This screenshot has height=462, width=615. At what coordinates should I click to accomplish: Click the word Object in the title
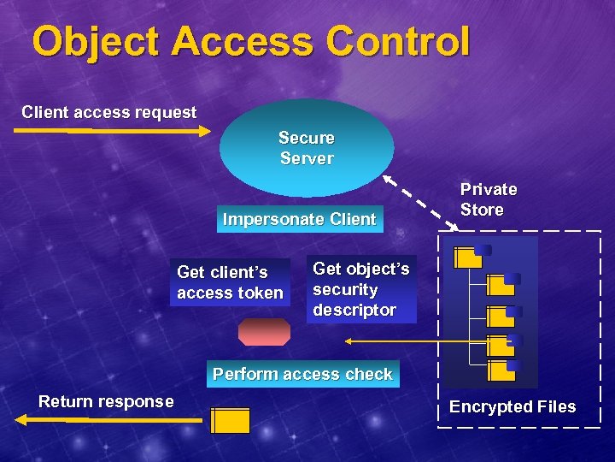[93, 42]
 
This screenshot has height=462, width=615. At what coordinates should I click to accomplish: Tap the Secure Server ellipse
[307, 148]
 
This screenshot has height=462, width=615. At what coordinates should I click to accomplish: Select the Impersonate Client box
[299, 219]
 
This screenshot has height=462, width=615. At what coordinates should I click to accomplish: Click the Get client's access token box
[230, 282]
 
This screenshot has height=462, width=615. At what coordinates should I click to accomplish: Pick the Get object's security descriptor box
[361, 289]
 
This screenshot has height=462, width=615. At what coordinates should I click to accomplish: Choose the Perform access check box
[302, 374]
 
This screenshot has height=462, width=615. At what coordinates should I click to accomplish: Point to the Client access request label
[108, 112]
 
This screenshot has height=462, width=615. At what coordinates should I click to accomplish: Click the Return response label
[106, 401]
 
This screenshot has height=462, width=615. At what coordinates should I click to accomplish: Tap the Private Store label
[489, 199]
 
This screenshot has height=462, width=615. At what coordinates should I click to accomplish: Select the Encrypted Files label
[512, 406]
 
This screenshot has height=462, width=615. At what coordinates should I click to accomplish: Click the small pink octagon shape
[264, 332]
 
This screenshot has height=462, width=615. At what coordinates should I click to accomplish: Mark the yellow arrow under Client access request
[112, 131]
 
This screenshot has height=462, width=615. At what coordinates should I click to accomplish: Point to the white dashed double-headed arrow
[419, 204]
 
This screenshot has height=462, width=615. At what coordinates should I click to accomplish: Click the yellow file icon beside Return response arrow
[230, 421]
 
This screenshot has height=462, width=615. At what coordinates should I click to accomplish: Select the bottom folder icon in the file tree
[502, 370]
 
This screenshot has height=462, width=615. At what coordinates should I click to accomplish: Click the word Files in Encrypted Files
[554, 406]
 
